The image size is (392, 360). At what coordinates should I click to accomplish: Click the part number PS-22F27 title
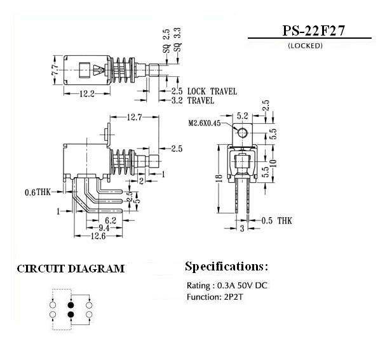[309, 31]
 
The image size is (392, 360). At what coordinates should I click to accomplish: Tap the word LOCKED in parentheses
[305, 46]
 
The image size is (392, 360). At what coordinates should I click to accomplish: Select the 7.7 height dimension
[55, 69]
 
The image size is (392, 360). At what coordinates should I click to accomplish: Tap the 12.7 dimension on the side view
[134, 117]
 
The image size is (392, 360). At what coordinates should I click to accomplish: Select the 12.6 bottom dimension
[98, 236]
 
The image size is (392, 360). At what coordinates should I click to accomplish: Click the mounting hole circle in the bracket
[242, 132]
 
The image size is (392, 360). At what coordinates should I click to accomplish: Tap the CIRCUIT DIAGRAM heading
[71, 269]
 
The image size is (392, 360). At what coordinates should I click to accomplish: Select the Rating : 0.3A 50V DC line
[227, 285]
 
